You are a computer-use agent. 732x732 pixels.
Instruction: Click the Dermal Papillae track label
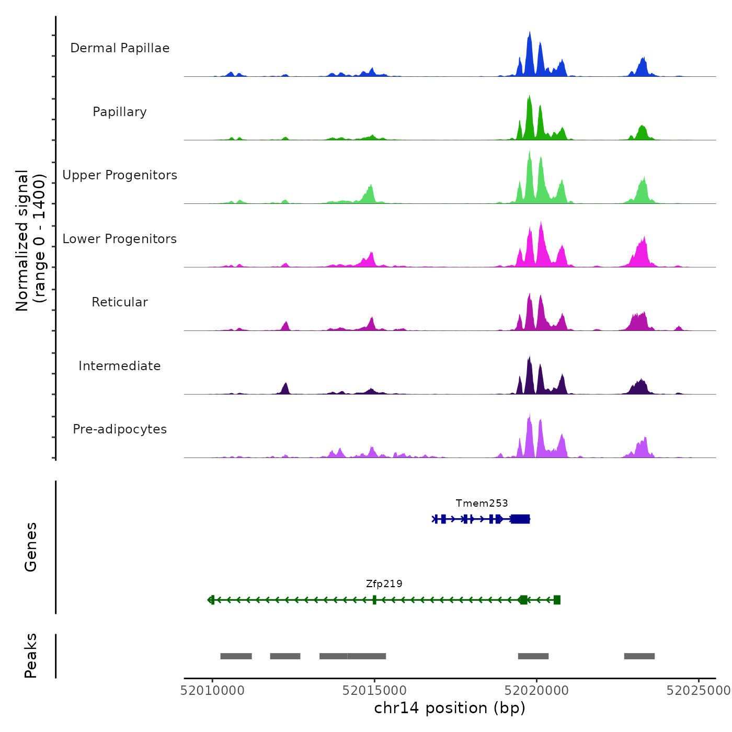pos(120,48)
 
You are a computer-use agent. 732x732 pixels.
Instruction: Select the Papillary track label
pos(120,112)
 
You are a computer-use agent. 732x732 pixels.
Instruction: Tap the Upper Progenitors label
pos(120,175)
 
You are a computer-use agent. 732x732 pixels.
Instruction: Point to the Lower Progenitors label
pos(120,239)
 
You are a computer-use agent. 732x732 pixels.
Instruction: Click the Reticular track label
pos(120,302)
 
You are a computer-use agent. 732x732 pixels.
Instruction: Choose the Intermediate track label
pos(120,366)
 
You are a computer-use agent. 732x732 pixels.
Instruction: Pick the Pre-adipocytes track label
pos(120,429)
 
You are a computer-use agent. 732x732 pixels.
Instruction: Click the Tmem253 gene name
pos(482,504)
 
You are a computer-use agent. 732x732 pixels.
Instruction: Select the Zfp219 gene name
pos(384,584)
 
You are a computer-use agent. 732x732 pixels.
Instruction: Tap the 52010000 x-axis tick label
pos(212,691)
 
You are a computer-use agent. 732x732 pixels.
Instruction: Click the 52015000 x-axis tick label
pos(374,691)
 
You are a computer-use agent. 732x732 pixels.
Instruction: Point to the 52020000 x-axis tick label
pos(536,691)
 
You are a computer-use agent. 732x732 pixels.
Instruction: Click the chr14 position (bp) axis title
pos(450,708)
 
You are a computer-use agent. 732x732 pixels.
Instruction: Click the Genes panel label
pos(31,547)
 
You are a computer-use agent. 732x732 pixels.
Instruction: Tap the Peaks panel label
pos(31,656)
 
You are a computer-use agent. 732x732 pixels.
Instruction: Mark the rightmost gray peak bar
pos(639,656)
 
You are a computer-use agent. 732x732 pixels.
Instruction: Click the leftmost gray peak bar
pos(236,656)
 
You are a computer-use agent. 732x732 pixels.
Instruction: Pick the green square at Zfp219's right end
pos(557,600)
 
